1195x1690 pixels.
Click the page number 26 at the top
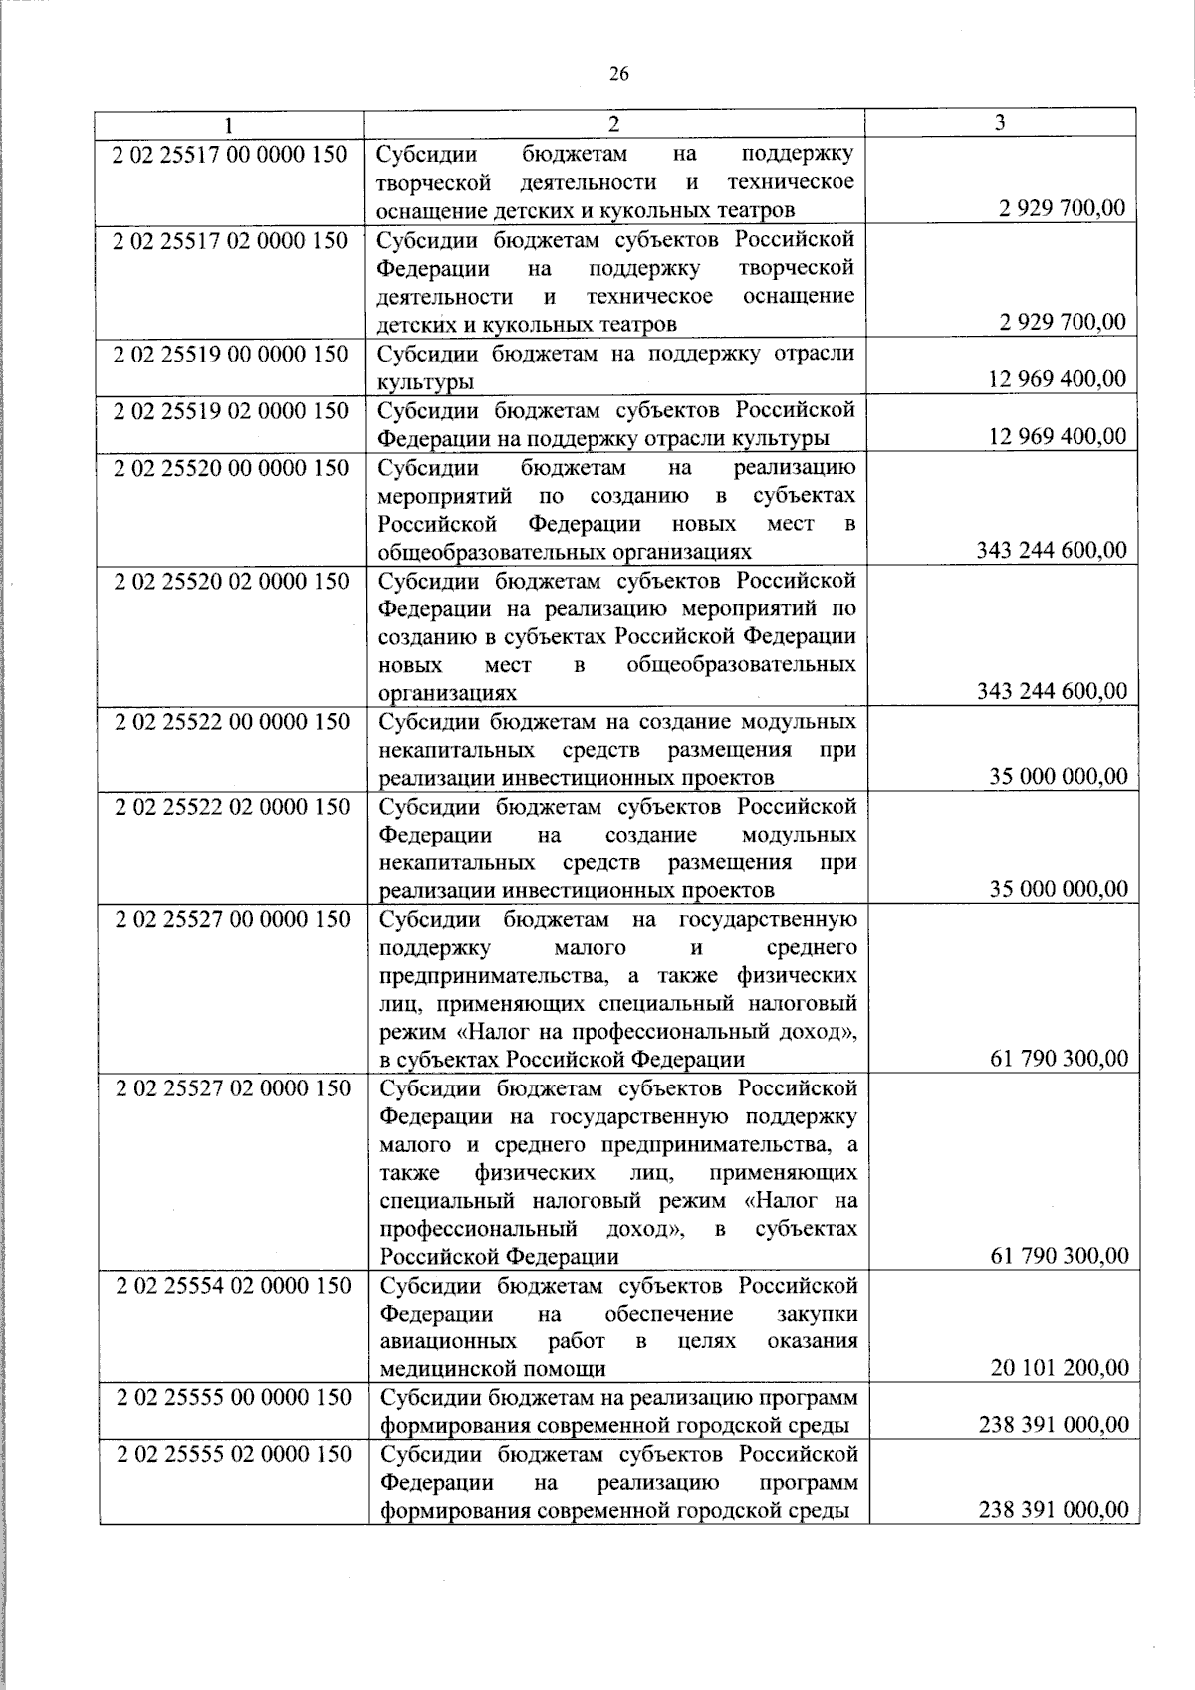coord(618,73)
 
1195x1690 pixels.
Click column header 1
coord(229,123)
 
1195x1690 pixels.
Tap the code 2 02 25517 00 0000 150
coord(230,154)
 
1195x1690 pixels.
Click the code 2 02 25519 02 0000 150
coord(230,410)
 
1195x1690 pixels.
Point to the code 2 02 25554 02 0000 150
coord(233,1285)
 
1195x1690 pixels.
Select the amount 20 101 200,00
coord(1060,1368)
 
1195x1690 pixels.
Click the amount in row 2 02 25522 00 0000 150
coord(1059,777)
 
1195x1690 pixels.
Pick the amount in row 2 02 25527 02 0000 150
coord(1060,1256)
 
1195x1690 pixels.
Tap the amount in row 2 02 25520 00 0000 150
coord(1052,551)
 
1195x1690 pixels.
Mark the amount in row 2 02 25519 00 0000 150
coord(1058,379)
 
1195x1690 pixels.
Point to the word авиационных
coord(448,1340)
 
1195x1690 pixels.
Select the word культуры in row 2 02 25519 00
coord(425,381)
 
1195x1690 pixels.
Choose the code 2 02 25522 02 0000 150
coord(232,806)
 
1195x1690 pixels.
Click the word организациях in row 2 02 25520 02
coord(447,692)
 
